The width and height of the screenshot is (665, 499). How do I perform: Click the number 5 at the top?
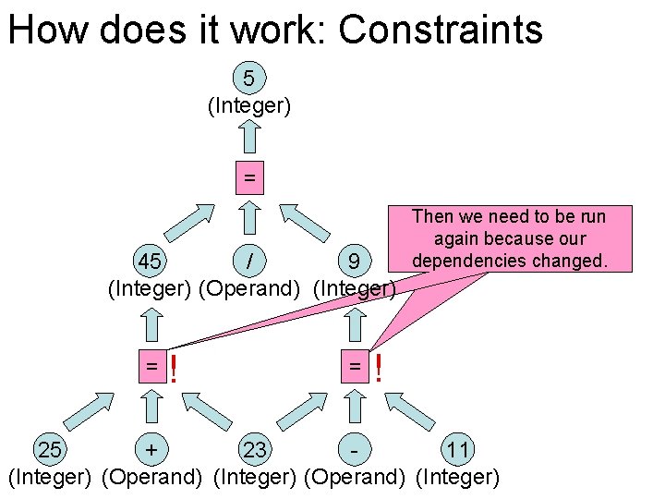249,77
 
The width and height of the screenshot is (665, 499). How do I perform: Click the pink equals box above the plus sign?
151,367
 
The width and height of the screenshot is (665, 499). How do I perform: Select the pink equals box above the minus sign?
354,367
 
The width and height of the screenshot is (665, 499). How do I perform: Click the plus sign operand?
151,450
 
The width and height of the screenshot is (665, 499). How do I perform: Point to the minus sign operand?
354,450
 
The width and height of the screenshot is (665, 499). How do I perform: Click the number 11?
457,450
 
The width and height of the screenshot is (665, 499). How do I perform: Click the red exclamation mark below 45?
174,370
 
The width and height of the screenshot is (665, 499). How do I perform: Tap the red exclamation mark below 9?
377,370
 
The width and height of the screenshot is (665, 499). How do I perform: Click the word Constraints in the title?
441,30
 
